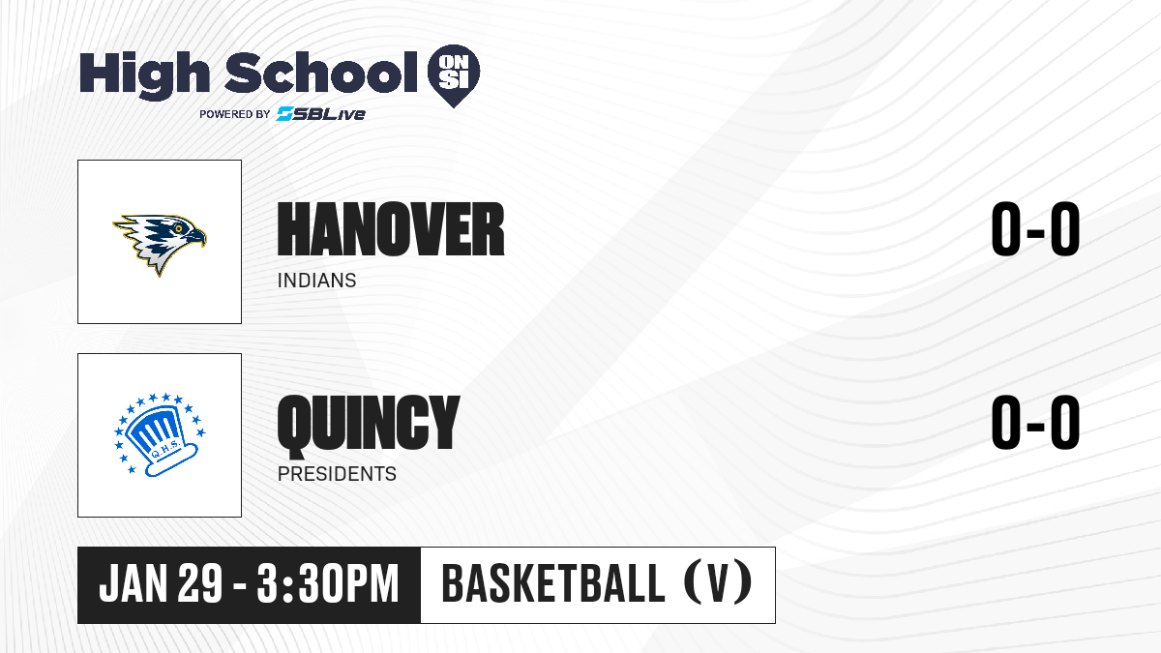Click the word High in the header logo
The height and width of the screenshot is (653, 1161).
click(144, 75)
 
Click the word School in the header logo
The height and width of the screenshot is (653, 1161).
click(321, 72)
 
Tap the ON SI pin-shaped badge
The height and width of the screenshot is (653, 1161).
click(454, 75)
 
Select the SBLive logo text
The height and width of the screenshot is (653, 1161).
click(321, 113)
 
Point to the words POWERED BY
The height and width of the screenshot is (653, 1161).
click(235, 114)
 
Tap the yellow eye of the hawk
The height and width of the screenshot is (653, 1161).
click(179, 228)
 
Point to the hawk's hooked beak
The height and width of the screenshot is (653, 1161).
click(197, 238)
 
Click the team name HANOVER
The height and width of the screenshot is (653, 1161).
click(391, 229)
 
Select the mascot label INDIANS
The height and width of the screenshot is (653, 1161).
click(316, 281)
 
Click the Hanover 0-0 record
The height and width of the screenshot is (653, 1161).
click(1035, 229)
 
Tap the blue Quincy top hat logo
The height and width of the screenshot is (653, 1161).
click(160, 434)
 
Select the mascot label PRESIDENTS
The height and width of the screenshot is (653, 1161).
click(337, 474)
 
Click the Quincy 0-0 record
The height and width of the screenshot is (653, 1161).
click(1035, 422)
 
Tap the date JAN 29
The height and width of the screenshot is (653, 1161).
click(161, 583)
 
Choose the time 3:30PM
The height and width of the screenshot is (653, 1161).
click(328, 583)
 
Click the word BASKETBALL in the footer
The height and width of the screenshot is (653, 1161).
click(553, 582)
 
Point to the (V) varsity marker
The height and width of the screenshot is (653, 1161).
click(718, 582)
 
